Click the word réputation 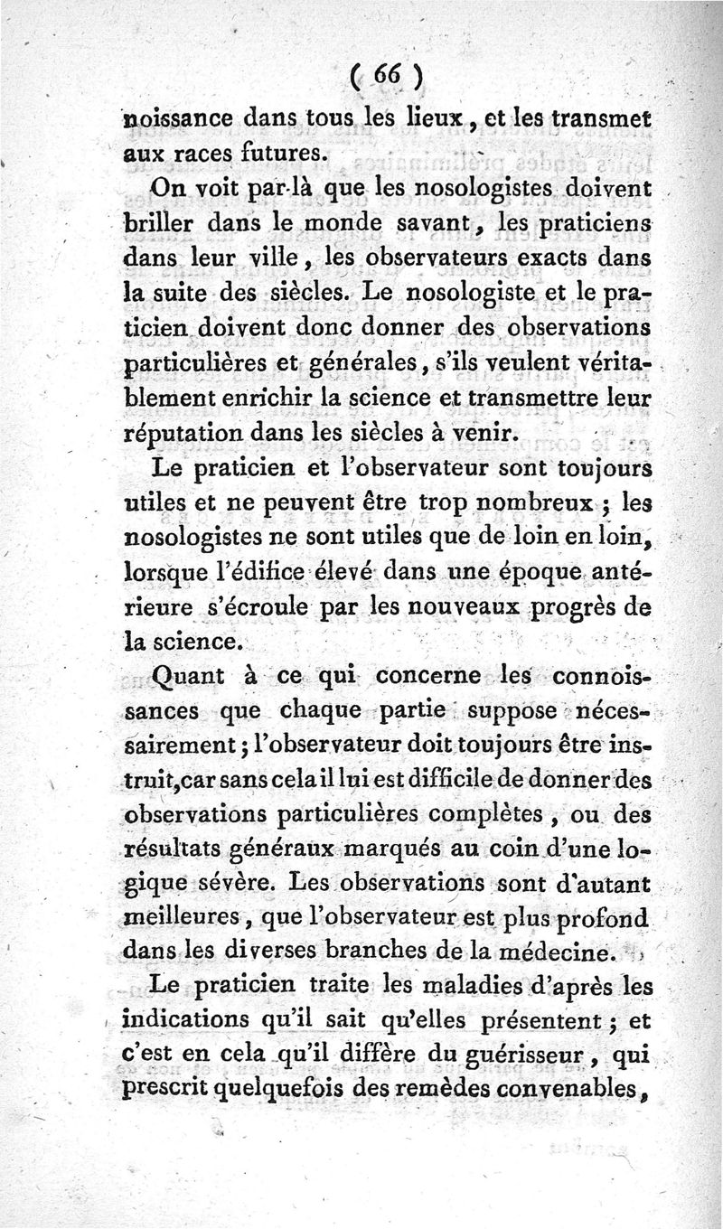coord(186,433)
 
